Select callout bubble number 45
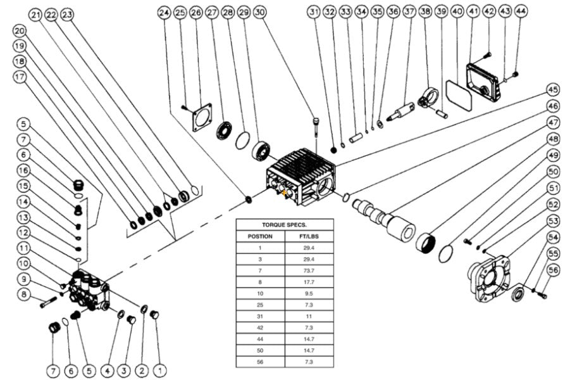coord(553,90)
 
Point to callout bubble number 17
coord(19,77)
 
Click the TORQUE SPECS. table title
coord(283,224)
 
